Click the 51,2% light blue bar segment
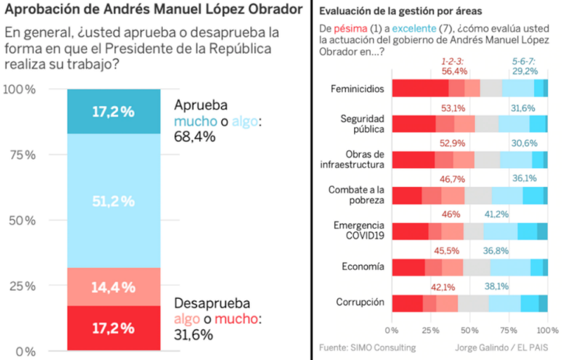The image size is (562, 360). point(113,201)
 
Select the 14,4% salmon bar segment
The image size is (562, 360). point(113,287)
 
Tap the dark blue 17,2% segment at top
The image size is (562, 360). point(113,111)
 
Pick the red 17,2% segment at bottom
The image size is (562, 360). point(113,328)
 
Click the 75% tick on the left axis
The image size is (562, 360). point(21,155)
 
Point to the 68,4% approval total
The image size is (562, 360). point(195,136)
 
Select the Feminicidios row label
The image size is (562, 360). point(357,89)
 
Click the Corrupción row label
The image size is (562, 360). point(360,302)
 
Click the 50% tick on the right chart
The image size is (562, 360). point(469,329)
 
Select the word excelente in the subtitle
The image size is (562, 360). point(415,29)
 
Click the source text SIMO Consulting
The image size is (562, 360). point(367,347)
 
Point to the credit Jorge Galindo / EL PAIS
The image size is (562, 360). point(500,347)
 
